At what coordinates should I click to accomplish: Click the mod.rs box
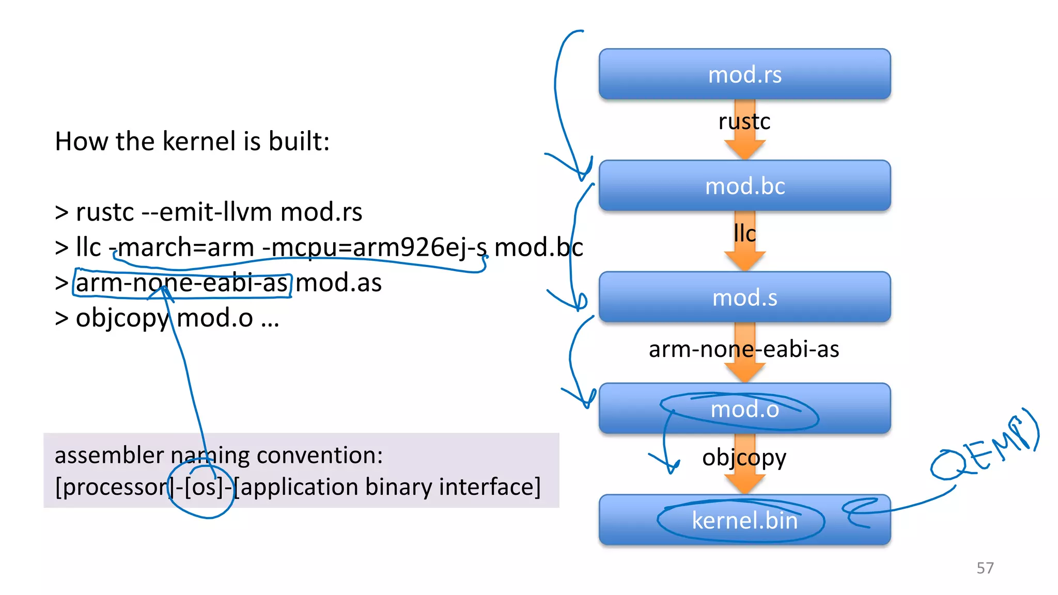click(744, 74)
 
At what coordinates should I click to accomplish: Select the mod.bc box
click(744, 186)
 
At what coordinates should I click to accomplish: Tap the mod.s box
click(744, 297)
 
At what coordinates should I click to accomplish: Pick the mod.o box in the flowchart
click(744, 409)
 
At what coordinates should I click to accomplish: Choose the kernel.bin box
click(744, 520)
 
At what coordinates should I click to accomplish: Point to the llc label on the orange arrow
click(744, 233)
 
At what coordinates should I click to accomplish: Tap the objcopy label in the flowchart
click(744, 458)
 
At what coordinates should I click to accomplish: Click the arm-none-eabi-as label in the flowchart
click(744, 350)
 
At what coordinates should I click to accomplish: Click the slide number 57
click(985, 568)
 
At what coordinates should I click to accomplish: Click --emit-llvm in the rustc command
click(207, 212)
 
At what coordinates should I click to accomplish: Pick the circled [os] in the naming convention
click(204, 487)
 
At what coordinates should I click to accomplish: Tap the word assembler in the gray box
click(109, 456)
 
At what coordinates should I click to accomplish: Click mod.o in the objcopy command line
click(215, 318)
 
